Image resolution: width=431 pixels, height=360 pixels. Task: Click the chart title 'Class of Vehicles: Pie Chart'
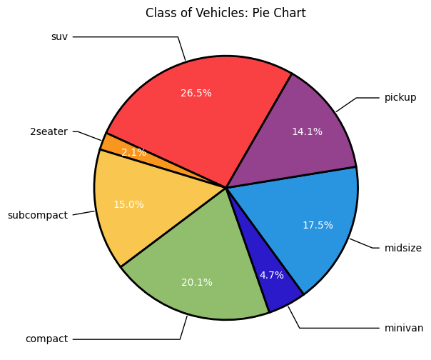click(x=225, y=13)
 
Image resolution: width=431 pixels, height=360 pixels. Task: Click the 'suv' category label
click(x=59, y=36)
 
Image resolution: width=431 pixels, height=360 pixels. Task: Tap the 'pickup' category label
click(x=400, y=97)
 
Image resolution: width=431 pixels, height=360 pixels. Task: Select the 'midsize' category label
click(x=403, y=248)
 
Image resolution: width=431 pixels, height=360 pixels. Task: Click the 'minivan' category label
click(x=404, y=328)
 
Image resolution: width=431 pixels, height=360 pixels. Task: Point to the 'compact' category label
click(x=46, y=339)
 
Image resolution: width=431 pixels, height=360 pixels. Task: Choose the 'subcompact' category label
click(x=37, y=215)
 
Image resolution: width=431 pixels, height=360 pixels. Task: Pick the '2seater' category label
click(x=49, y=131)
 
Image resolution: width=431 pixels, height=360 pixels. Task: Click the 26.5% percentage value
click(x=196, y=93)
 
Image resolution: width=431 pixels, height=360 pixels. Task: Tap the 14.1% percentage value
click(x=307, y=131)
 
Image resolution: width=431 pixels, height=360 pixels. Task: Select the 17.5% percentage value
click(x=318, y=225)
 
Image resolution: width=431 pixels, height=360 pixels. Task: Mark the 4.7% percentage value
click(x=272, y=275)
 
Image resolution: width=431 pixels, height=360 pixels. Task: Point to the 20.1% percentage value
click(x=197, y=282)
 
